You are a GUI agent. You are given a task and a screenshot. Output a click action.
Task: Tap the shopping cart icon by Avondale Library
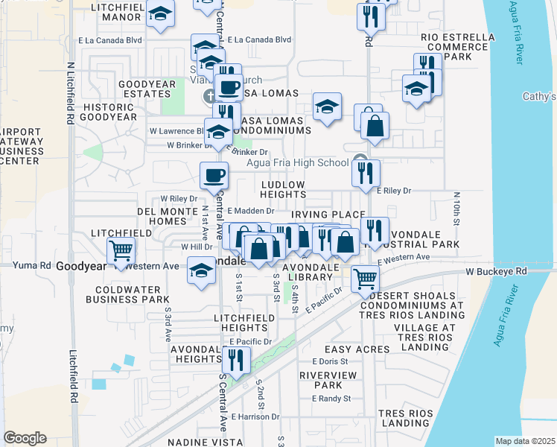(x=364, y=279)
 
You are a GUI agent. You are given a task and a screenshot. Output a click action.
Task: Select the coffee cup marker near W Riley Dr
(x=214, y=176)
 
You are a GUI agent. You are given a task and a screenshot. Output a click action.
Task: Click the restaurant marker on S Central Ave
(x=235, y=361)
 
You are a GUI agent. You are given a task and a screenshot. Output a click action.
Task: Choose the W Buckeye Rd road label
(x=496, y=272)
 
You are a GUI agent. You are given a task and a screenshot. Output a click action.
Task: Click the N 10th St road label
(x=456, y=208)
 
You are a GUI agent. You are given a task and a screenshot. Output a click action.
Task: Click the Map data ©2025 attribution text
(x=525, y=441)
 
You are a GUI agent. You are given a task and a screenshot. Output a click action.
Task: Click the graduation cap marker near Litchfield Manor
(x=160, y=14)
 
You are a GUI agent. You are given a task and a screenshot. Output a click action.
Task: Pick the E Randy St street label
(x=331, y=399)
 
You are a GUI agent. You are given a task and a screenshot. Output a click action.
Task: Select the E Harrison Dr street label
(x=255, y=417)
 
